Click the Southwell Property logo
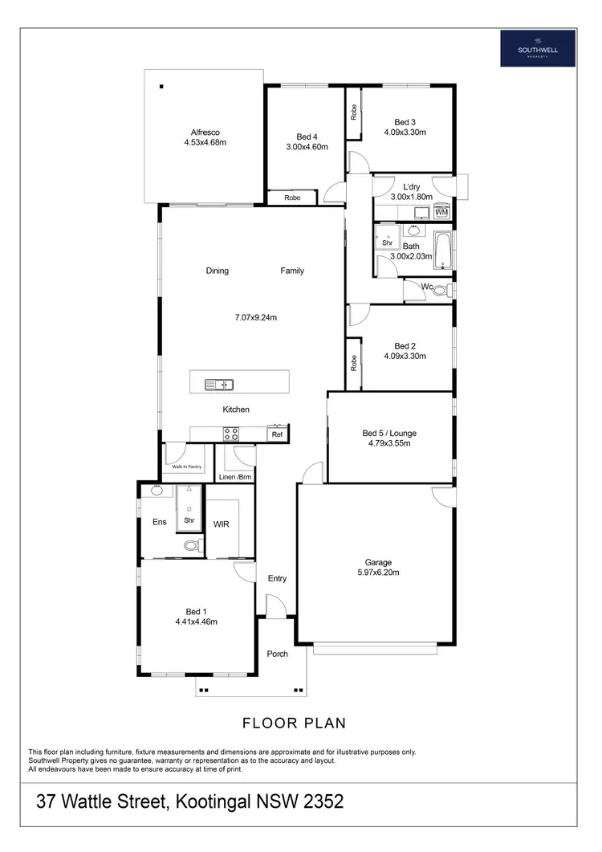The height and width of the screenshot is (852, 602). point(538,47)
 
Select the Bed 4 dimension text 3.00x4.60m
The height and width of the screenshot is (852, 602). point(307,147)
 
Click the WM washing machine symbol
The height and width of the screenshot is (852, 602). point(441,211)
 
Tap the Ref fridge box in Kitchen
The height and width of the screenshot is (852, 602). point(277,434)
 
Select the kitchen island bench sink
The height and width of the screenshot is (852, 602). point(218,384)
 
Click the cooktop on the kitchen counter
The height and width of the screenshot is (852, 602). point(230,434)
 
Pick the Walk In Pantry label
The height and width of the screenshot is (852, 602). point(187,466)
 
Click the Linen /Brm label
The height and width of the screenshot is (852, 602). point(236,478)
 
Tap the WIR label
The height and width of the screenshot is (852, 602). point(222,524)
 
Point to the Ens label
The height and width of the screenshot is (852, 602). point(160,522)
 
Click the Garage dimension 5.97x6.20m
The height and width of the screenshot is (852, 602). point(376,573)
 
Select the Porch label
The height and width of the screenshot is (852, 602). point(278,654)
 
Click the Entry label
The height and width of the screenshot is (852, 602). point(277,578)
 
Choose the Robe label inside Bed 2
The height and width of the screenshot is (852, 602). point(353,363)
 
